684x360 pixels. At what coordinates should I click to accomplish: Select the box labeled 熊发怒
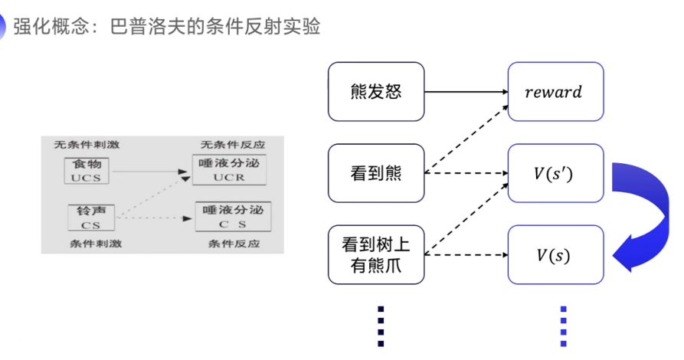[x=376, y=92]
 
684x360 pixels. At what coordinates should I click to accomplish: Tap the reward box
[x=555, y=92]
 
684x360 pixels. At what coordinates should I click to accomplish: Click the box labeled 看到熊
[x=376, y=173]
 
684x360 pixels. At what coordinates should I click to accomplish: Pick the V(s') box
[x=555, y=173]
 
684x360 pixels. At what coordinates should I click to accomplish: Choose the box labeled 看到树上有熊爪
[x=376, y=254]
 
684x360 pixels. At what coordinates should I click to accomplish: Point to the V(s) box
[x=555, y=254]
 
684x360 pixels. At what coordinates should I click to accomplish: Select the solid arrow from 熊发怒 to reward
[x=466, y=92]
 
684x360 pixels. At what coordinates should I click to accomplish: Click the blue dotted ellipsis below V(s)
[x=563, y=325]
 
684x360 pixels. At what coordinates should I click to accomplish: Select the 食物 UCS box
[x=87, y=171]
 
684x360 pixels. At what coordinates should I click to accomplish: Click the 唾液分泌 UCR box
[x=228, y=170]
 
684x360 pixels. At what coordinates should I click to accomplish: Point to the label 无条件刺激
[x=87, y=145]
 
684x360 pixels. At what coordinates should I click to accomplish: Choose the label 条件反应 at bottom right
[x=234, y=244]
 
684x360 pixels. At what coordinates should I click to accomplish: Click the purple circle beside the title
[x=3, y=28]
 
